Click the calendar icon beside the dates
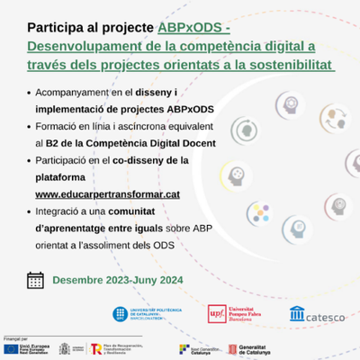click(x=36, y=279)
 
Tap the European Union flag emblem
click(x=14, y=348)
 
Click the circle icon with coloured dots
click(x=259, y=213)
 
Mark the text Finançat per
click(x=16, y=337)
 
